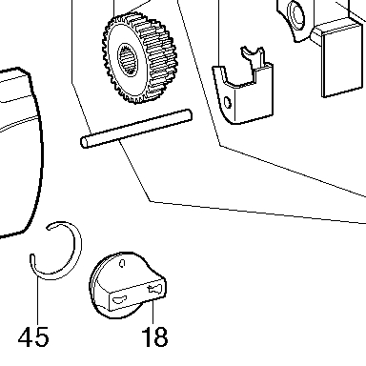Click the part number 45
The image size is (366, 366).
point(33,336)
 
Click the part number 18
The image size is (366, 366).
point(154,336)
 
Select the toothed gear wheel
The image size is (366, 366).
point(139,58)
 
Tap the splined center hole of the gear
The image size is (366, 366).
point(129,59)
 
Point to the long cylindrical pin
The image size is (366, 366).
point(136,129)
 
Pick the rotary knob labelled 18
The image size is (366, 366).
point(127,285)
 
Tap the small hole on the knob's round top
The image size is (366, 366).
point(123,263)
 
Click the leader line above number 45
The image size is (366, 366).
point(38,301)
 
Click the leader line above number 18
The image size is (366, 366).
point(153,313)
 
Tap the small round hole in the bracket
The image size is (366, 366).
point(228,103)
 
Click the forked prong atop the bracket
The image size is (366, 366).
point(254,56)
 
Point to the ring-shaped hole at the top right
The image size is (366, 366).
point(296,15)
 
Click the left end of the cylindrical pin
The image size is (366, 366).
point(84,142)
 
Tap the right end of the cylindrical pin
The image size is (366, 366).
point(189,115)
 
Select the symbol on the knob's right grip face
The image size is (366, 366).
point(154,289)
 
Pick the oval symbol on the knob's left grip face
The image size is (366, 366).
point(120,298)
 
